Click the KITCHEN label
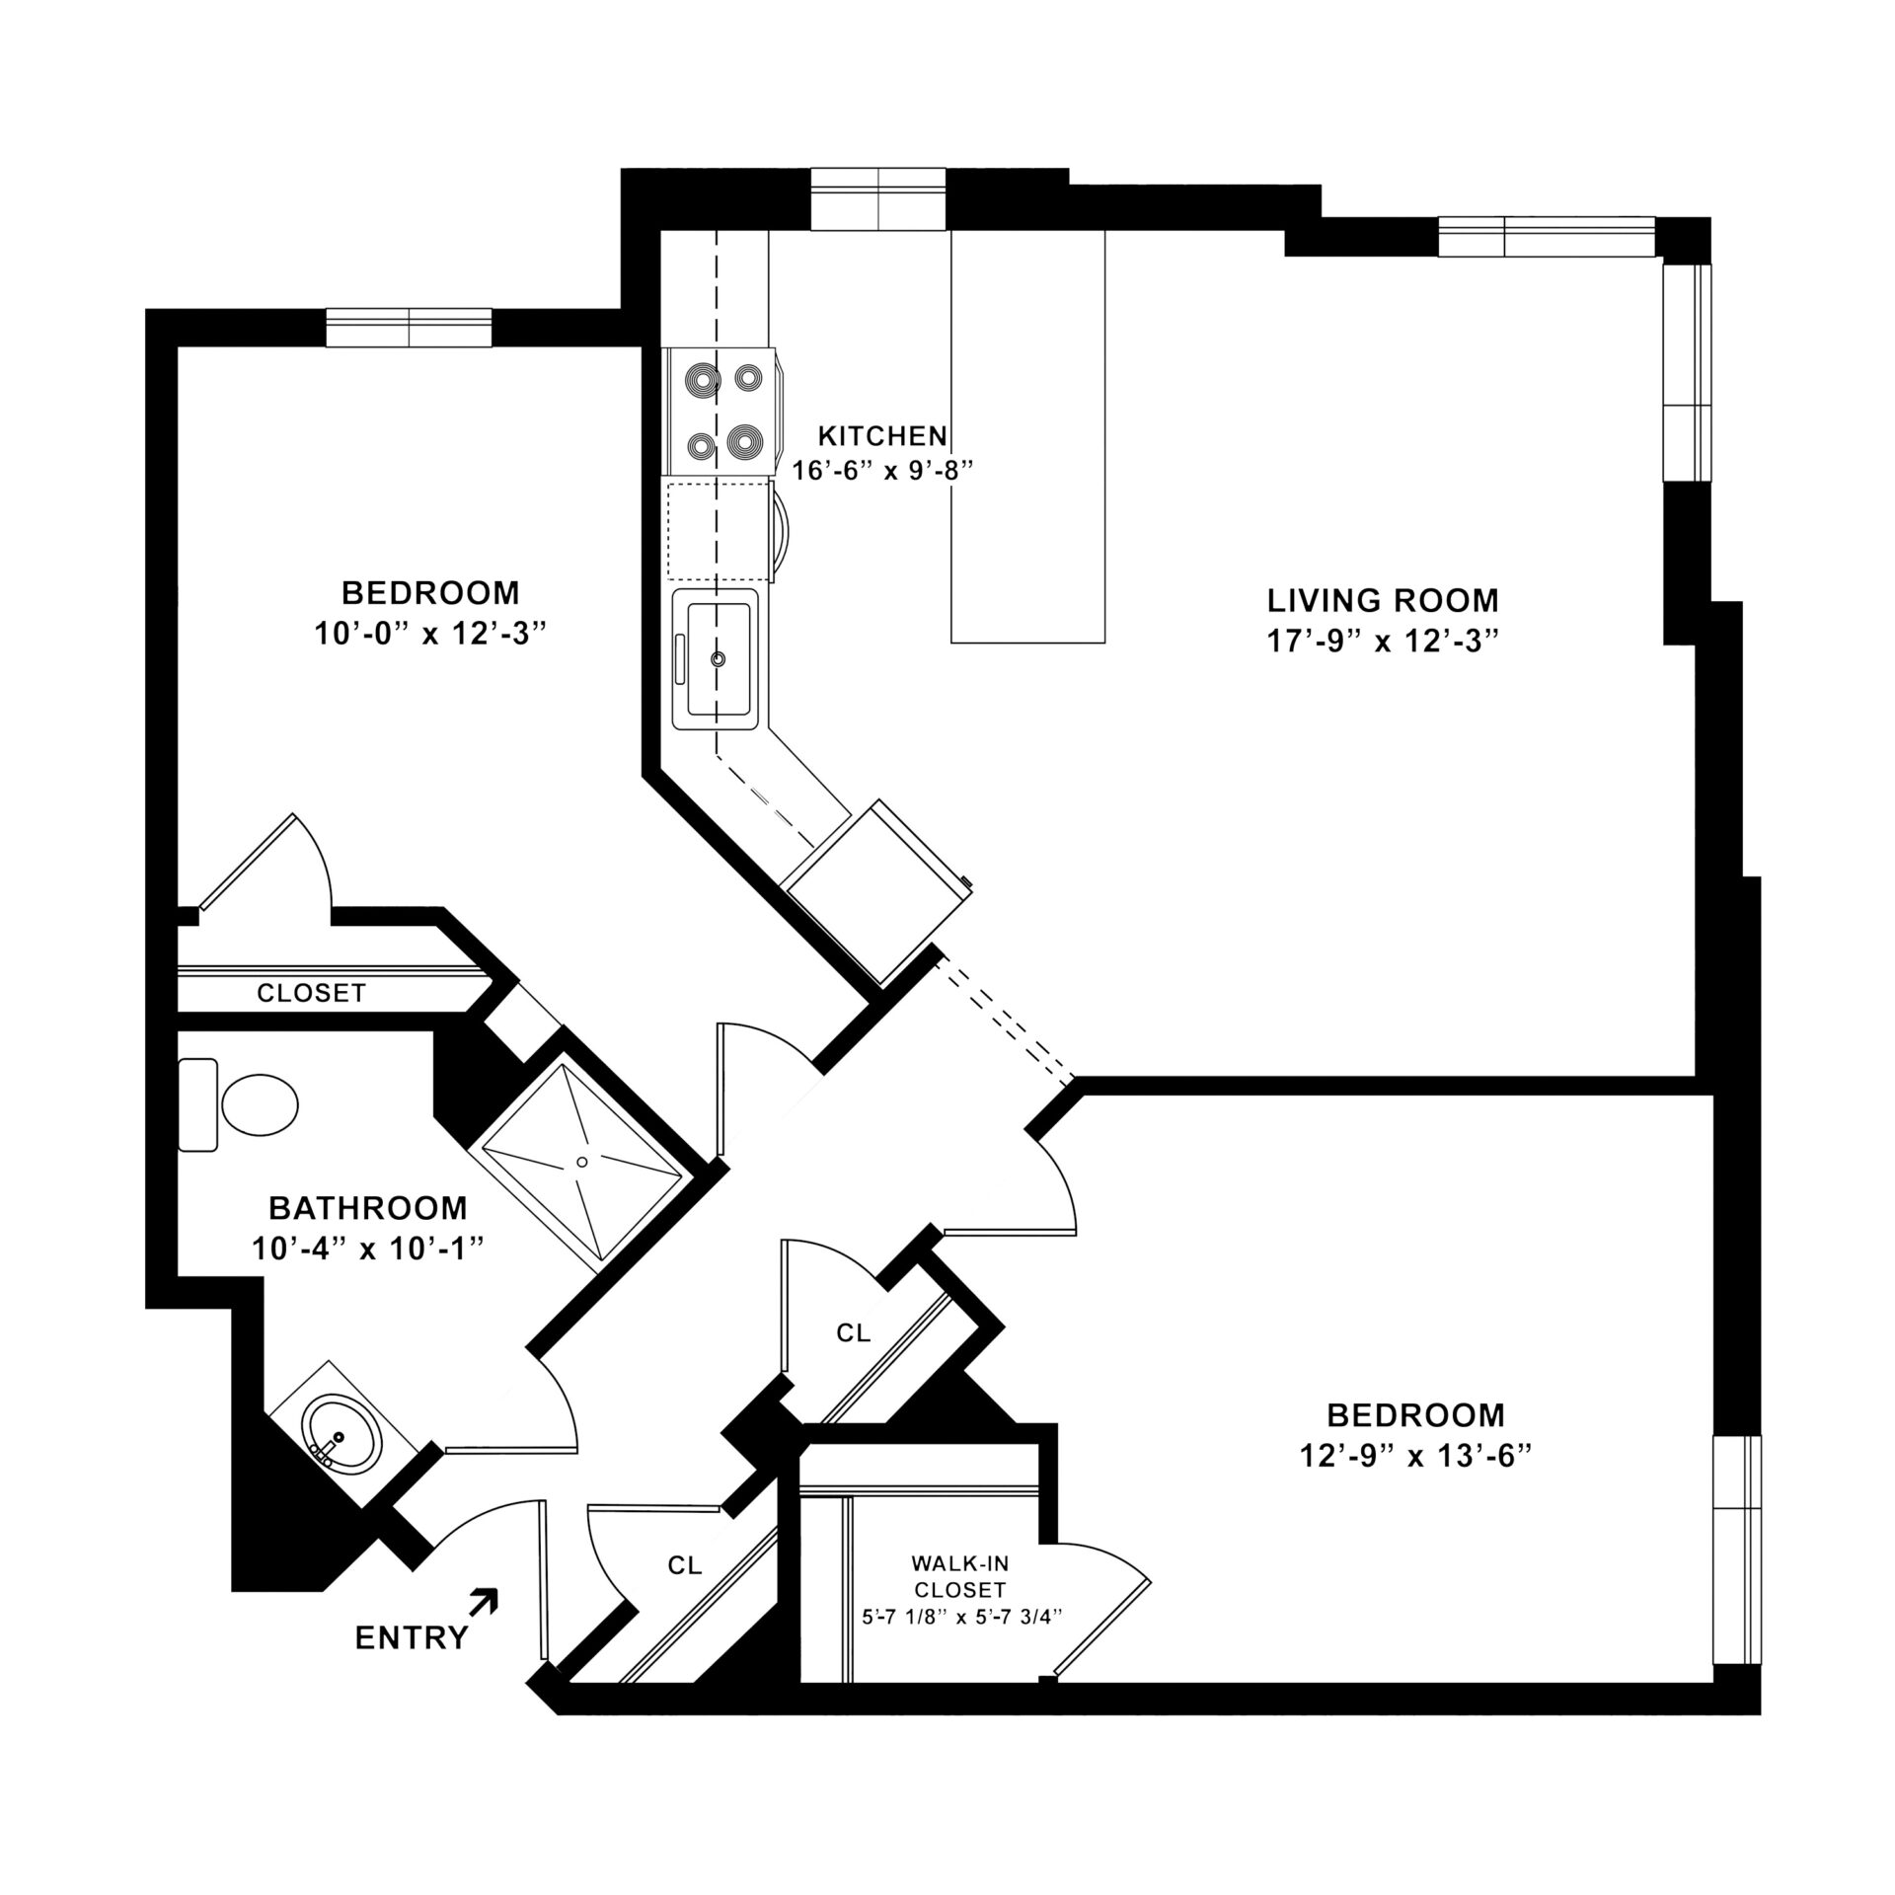pyautogui.click(x=883, y=435)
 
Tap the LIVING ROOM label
pyautogui.click(x=1383, y=600)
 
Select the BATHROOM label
pyautogui.click(x=368, y=1207)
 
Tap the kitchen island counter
pyautogui.click(x=1027, y=436)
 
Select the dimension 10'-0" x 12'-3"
pyautogui.click(x=430, y=633)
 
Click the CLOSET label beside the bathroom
pyautogui.click(x=311, y=993)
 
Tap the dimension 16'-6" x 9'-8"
pyautogui.click(x=883, y=470)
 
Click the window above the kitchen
pyautogui.click(x=877, y=198)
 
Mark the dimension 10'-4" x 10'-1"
pyautogui.click(x=368, y=1250)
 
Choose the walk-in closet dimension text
pyautogui.click(x=959, y=1617)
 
